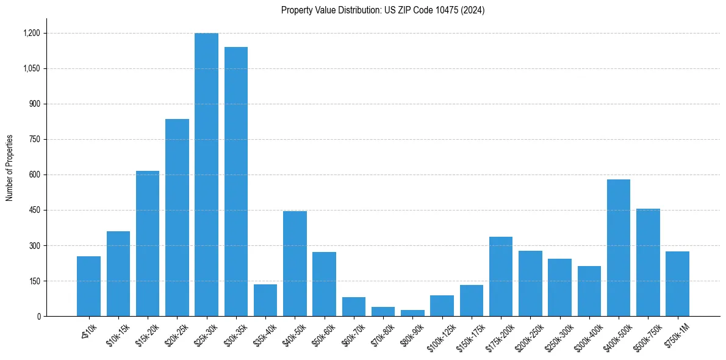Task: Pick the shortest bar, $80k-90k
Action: point(412,313)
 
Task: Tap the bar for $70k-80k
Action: point(383,312)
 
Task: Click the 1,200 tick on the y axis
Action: point(32,33)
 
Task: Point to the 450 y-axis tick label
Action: point(34,210)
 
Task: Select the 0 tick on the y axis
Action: point(38,316)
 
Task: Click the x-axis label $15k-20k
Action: point(147,334)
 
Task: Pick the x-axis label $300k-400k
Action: point(587,336)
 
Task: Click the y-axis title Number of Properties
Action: point(10,168)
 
